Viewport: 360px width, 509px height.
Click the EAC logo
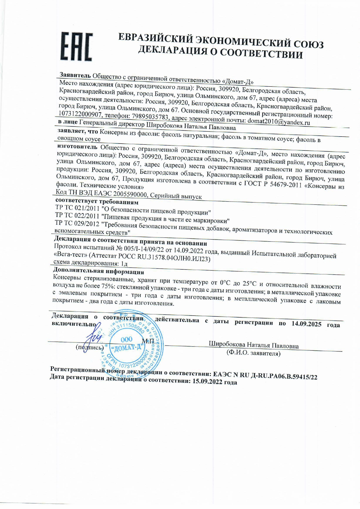pos(77,46)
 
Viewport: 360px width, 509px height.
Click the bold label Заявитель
pos(75,75)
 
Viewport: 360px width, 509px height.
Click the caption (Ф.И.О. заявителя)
pos(253,353)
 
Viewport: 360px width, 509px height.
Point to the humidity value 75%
pos(109,287)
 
